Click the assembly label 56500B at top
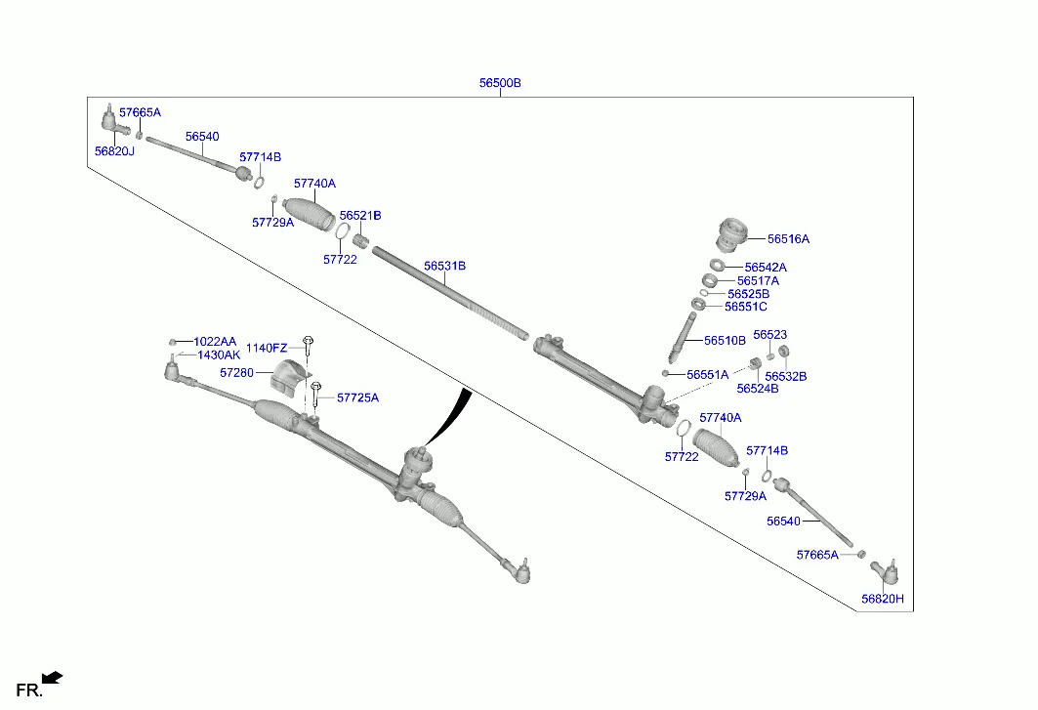click(499, 84)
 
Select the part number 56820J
click(114, 151)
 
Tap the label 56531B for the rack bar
click(444, 266)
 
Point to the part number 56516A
click(788, 239)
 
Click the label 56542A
click(765, 268)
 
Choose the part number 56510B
click(725, 341)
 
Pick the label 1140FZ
click(266, 349)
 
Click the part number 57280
click(236, 373)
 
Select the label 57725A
click(357, 397)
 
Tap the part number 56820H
click(883, 599)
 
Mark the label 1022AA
click(215, 342)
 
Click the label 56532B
click(785, 376)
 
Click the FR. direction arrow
click(53, 677)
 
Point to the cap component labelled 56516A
click(729, 233)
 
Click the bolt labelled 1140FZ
click(308, 344)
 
